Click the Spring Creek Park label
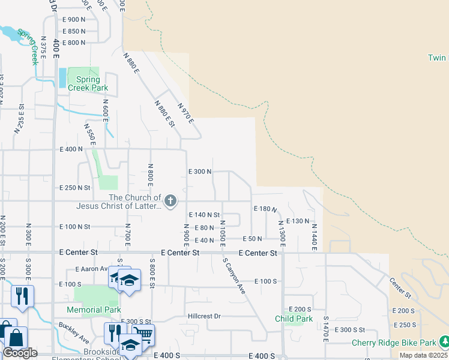[x=88, y=83]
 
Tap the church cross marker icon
[x=170, y=201]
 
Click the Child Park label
[x=294, y=319]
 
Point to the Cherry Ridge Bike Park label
[x=394, y=343]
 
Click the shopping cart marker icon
[x=143, y=334]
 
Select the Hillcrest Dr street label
[x=204, y=316]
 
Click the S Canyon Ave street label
[x=234, y=275]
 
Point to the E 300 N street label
[x=200, y=171]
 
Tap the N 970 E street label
[x=185, y=113]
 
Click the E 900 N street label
[x=74, y=19]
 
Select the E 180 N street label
[x=265, y=209]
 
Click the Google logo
[x=20, y=353]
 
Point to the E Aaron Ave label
[x=91, y=269]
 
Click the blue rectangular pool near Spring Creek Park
[x=62, y=77]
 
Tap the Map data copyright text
[x=424, y=356]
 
